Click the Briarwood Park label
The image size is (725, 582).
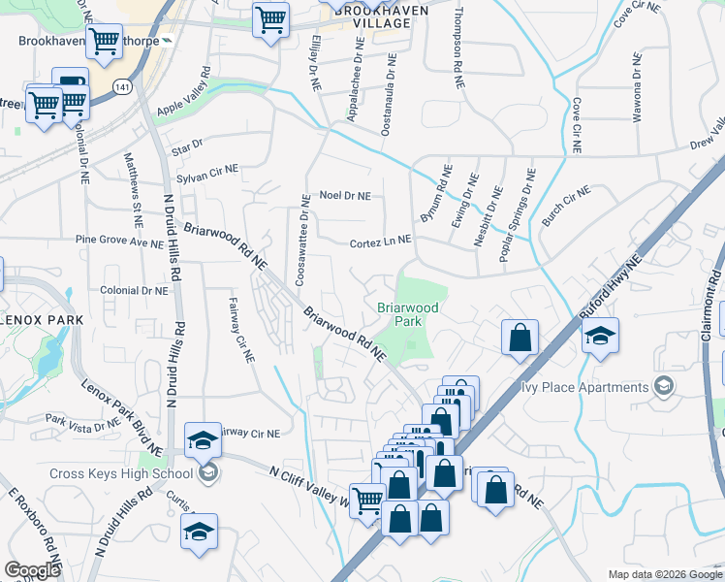click(x=408, y=313)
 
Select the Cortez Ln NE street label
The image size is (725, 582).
click(x=381, y=240)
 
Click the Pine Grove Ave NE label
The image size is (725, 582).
click(x=120, y=242)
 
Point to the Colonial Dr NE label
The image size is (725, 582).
click(x=135, y=290)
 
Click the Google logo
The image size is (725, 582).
click(x=33, y=569)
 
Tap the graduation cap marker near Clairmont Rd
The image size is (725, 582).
click(x=601, y=338)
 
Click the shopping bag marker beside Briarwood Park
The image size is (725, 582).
click(x=520, y=339)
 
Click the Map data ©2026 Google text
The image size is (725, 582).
click(x=664, y=574)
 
